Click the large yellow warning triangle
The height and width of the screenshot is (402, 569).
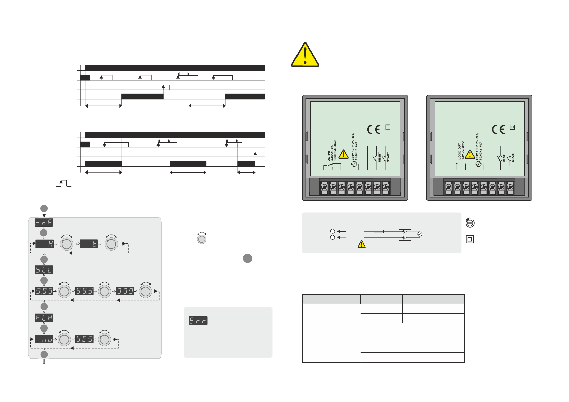[305, 55]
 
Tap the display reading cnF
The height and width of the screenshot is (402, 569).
[44, 223]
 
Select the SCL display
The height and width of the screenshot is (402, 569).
[44, 270]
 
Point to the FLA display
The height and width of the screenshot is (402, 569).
[44, 318]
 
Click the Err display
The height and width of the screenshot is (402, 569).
[198, 321]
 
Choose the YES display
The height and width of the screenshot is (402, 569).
[84, 339]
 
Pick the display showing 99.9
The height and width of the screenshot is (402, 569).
[84, 291]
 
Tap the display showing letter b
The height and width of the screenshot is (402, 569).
[89, 243]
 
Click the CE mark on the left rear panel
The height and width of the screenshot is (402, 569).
[373, 130]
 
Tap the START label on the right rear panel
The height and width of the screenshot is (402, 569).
[513, 157]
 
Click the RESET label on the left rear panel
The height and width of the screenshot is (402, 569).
[380, 157]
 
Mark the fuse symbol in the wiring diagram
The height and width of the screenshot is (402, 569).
[379, 231]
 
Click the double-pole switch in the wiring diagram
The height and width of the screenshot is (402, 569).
[405, 235]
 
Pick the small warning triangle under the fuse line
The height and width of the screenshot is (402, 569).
[361, 244]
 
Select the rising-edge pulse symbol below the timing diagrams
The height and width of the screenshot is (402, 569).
[64, 183]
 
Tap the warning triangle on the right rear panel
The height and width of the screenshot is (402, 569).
[469, 154]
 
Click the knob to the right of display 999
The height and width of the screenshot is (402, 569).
[146, 291]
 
